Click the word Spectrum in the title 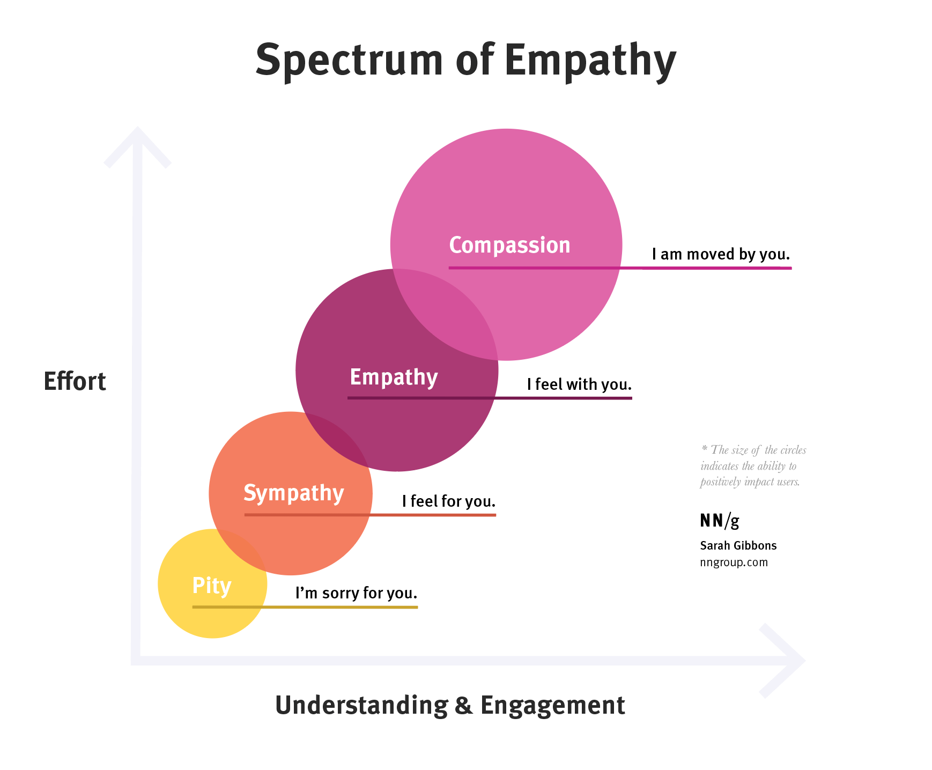(349, 60)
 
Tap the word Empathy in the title (590, 60)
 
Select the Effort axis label (75, 381)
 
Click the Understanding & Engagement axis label (450, 705)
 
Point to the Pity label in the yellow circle (212, 586)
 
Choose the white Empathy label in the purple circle (394, 377)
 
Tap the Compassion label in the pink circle (509, 245)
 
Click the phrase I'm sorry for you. (356, 593)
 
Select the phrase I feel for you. (449, 501)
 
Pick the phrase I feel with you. (579, 384)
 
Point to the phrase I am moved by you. (721, 254)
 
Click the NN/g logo (720, 520)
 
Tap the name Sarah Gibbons (738, 545)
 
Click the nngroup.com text (734, 562)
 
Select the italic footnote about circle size (753, 465)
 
